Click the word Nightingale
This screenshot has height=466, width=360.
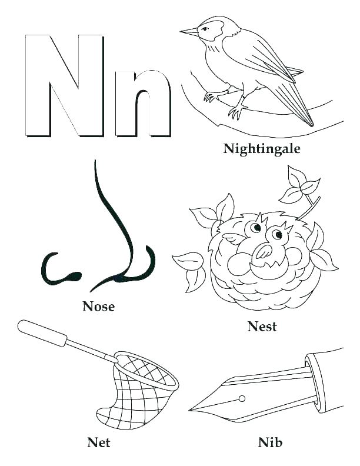coord(262,148)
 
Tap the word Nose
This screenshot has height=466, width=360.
coord(98,307)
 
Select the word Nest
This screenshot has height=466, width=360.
coord(262,327)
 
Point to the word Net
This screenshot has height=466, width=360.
coord(98,441)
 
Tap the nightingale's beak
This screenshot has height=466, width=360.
coord(189,31)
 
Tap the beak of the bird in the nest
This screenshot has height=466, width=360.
coord(261,252)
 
